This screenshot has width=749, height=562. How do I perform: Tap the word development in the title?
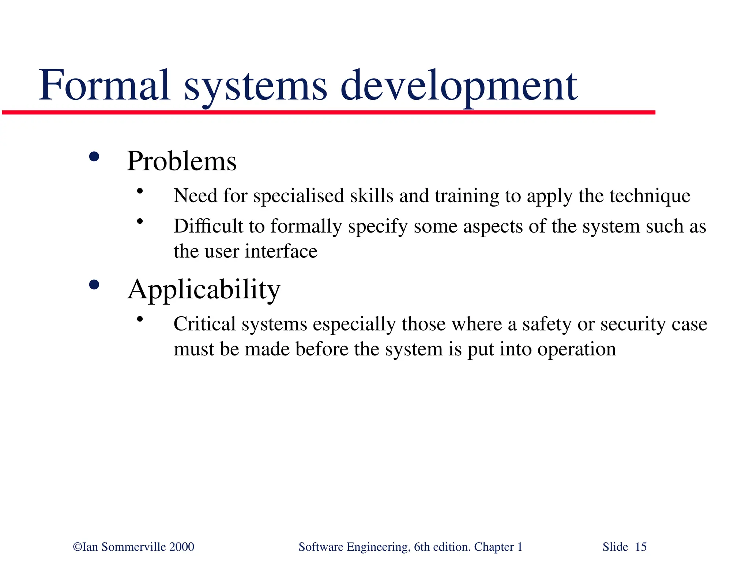[459, 86]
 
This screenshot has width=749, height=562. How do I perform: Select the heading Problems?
[182, 161]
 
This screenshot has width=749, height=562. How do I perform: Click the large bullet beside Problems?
[94, 157]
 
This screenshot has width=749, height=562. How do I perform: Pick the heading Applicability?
[204, 290]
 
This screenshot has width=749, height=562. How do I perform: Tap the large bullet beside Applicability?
[94, 285]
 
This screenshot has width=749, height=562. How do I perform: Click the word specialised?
[299, 196]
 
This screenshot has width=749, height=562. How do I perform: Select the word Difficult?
[208, 226]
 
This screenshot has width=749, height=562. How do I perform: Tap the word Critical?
[204, 324]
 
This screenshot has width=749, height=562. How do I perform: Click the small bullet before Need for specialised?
[140, 191]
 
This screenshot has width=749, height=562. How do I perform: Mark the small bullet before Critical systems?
[140, 320]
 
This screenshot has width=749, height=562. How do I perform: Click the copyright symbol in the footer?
[78, 547]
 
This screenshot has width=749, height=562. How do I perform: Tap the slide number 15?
[641, 547]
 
